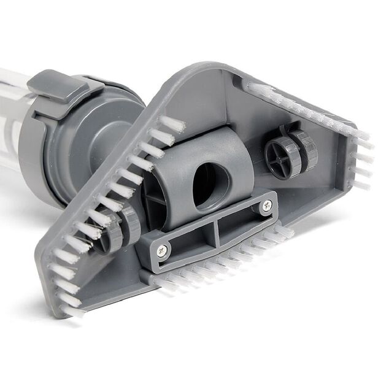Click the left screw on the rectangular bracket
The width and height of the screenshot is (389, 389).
(161, 249)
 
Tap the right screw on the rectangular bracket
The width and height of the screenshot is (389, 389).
(266, 207)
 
